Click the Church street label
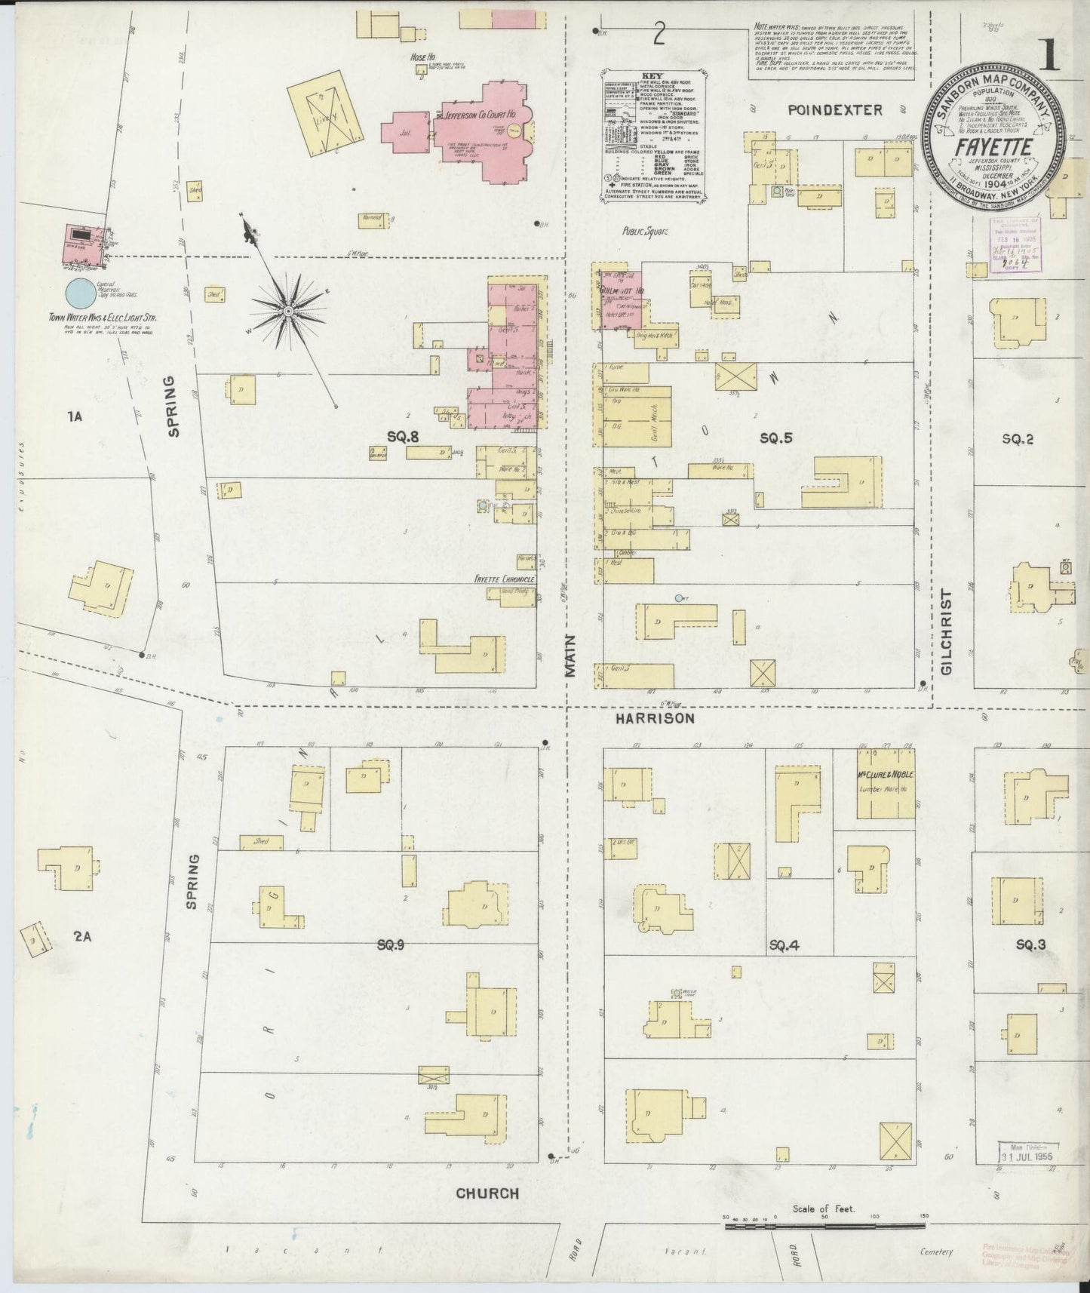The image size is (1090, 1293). (x=487, y=1193)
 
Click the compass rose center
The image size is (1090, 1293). (x=289, y=310)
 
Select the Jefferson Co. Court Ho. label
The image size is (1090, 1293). (x=480, y=116)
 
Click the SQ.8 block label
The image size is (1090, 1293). (x=403, y=435)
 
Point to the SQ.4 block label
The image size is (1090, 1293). (x=784, y=944)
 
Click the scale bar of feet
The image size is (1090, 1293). (x=824, y=1227)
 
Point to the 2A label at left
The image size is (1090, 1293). (x=82, y=936)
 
